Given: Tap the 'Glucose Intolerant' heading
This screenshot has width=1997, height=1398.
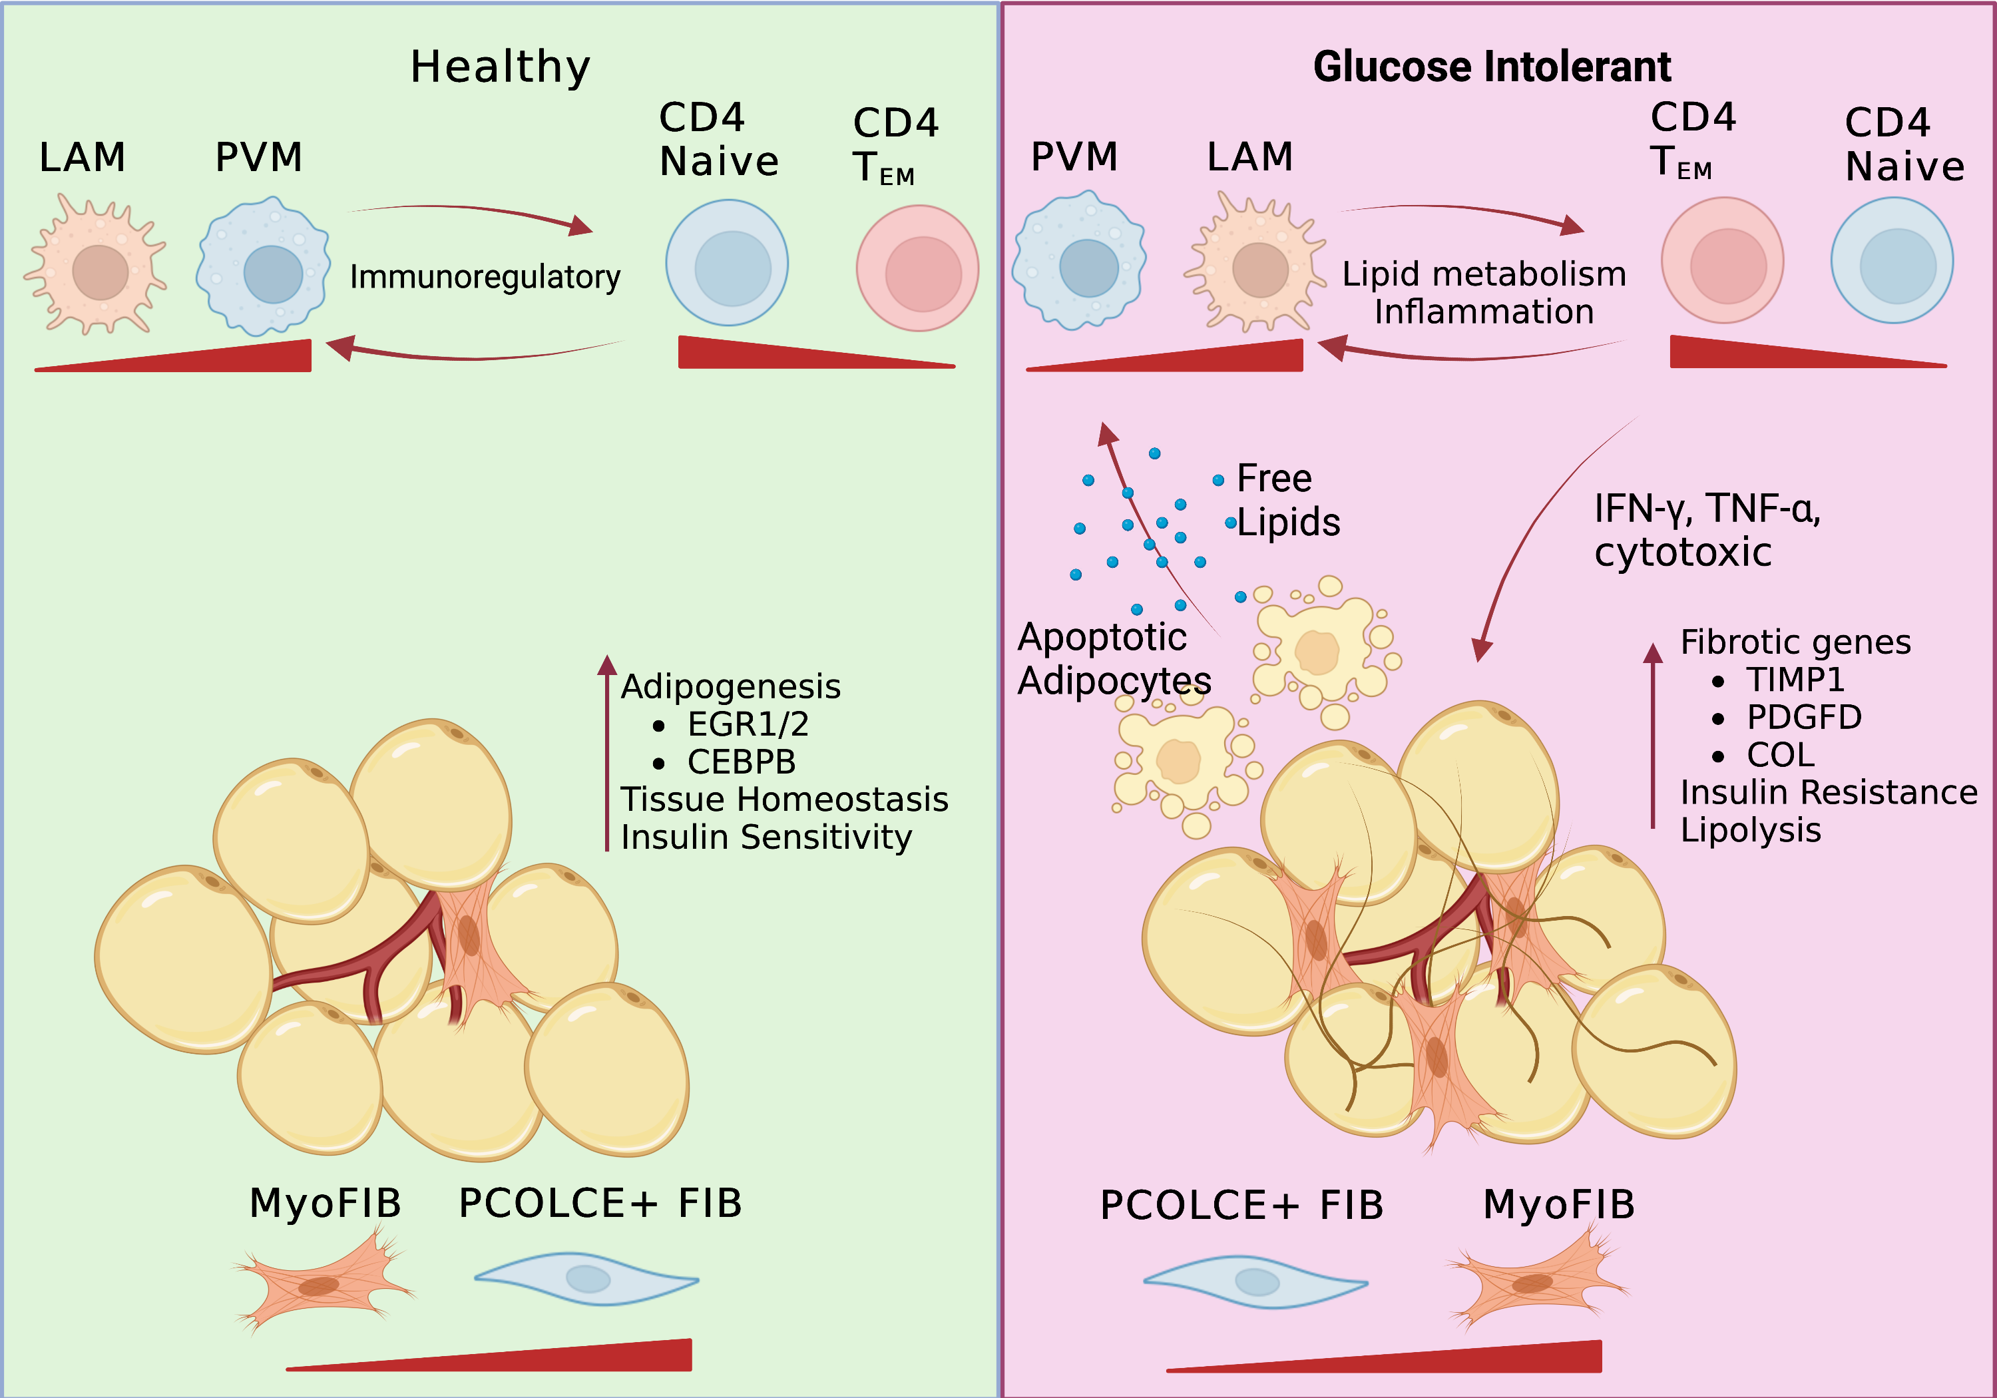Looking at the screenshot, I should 1492,67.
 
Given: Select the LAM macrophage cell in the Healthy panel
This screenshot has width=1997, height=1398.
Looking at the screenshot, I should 97,266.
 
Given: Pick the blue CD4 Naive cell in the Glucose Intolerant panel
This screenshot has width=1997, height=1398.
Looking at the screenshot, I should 1892,261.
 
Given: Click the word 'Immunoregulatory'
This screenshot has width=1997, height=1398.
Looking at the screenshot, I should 485,277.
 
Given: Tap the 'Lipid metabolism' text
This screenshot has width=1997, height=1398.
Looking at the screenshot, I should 1484,274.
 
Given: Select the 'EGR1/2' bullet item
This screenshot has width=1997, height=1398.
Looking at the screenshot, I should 747,724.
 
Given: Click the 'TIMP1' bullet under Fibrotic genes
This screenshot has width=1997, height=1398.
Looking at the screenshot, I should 1795,680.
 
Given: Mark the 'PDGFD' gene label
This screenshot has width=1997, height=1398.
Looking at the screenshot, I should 1804,717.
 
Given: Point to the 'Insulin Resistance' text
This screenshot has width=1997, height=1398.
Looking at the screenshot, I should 1829,792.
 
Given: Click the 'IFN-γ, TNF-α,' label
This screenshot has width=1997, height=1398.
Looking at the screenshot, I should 1707,509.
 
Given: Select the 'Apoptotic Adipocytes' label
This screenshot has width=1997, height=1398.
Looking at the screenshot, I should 1113,658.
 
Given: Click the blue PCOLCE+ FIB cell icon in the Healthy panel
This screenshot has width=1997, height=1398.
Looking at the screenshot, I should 587,1279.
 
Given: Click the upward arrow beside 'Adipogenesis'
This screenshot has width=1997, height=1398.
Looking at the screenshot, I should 607,752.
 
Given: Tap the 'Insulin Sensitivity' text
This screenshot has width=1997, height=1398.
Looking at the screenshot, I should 766,837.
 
